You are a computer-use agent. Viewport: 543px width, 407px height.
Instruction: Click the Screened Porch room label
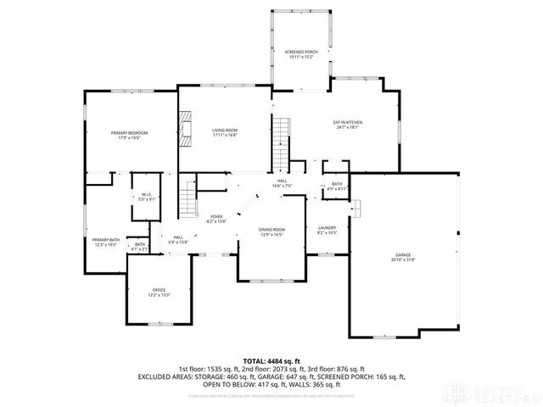pos(300,53)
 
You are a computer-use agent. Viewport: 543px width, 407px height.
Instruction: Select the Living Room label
pos(225,130)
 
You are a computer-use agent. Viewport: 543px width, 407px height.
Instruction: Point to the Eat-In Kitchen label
pos(348,124)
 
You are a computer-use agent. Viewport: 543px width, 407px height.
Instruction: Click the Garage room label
pos(403,254)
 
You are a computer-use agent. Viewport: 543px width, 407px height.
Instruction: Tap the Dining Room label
pos(271,230)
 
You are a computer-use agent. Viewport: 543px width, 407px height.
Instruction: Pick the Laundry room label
pos(327,228)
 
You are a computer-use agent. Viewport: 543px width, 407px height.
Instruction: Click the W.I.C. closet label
pos(146,195)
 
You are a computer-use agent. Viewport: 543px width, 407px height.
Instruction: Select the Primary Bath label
pos(106,240)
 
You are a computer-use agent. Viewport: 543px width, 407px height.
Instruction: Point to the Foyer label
pos(216,217)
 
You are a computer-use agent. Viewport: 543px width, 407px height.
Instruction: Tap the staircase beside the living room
pos(282,144)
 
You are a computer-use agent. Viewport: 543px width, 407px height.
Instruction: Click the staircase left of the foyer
pos(188,201)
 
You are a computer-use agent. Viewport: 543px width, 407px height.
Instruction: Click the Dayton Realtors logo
pos(501,393)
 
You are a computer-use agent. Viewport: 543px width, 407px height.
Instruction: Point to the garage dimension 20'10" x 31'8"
pos(403,259)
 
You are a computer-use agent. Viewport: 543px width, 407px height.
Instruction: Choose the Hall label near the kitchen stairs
pos(281,181)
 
